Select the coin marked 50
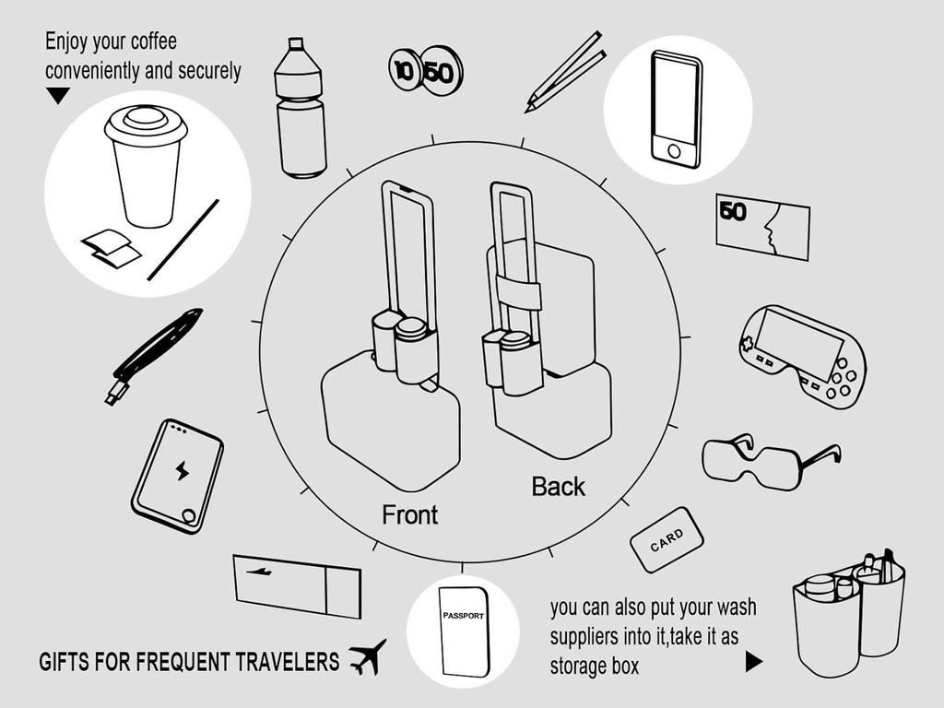(440, 70)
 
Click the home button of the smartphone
(674, 150)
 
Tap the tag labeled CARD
(667, 538)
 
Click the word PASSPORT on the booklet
(463, 616)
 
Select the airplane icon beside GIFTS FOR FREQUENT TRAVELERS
(368, 657)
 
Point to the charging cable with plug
(153, 356)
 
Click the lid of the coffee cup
(146, 124)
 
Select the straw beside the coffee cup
(183, 240)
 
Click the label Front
(410, 514)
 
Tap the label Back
(558, 487)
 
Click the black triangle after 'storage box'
(753, 661)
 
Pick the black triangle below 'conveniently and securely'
(58, 95)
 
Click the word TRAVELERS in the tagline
(287, 662)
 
